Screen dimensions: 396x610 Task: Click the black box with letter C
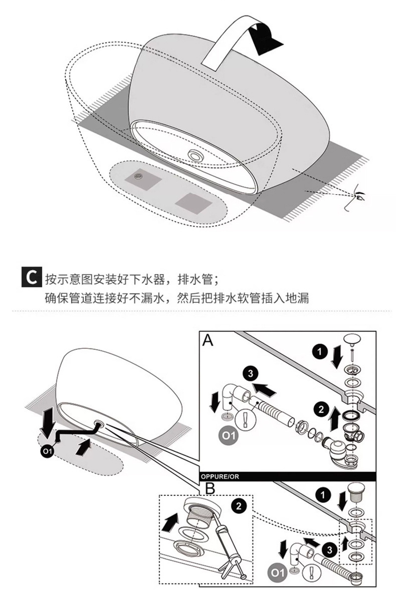click(31, 277)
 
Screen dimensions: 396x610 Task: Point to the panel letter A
click(208, 341)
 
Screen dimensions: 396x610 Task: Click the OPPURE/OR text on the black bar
click(220, 476)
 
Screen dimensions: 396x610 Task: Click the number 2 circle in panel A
click(318, 410)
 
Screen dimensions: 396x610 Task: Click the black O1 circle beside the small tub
click(47, 452)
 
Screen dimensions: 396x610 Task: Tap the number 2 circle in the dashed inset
click(239, 506)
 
